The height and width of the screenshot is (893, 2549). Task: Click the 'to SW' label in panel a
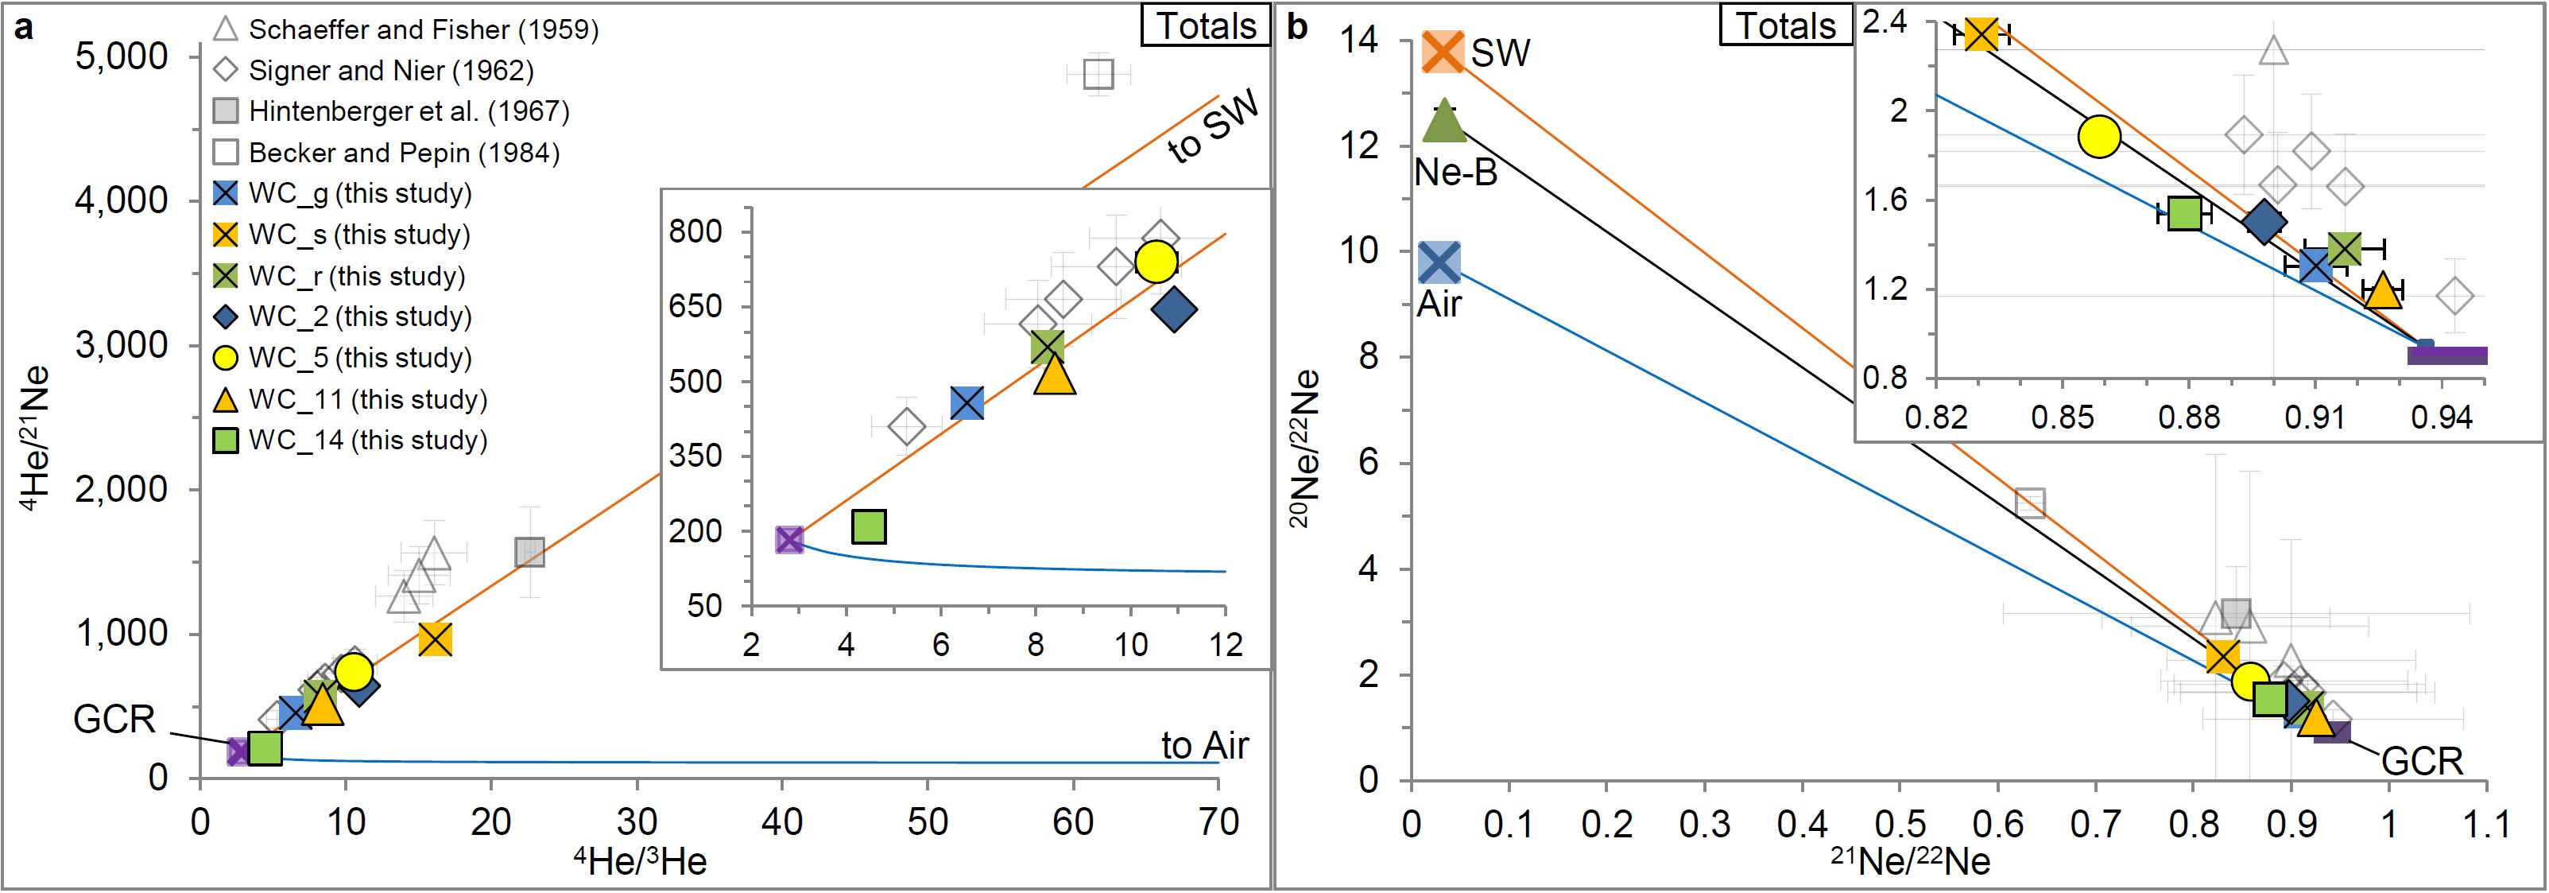tap(1212, 126)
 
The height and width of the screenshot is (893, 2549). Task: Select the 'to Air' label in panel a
tap(1204, 744)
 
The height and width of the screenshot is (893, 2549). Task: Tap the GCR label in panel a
tap(114, 719)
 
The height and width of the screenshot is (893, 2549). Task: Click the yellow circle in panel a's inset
tap(1156, 262)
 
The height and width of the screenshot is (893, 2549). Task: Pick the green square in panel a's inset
tap(869, 526)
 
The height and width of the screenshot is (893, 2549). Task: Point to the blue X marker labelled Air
tap(1439, 263)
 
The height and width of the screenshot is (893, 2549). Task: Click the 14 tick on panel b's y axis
tap(1360, 41)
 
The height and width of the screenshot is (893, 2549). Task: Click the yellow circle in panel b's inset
tap(2099, 137)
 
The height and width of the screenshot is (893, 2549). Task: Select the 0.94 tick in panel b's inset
tap(2442, 417)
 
